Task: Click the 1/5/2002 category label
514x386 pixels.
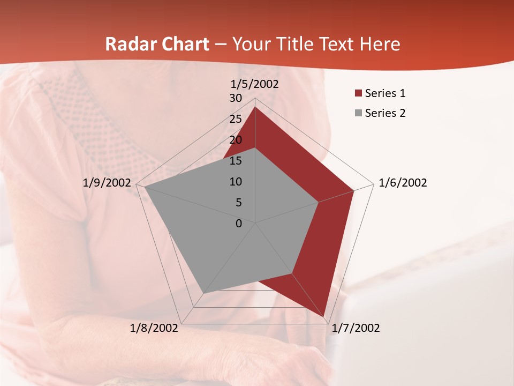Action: tap(254, 84)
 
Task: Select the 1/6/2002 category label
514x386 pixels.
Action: tap(403, 183)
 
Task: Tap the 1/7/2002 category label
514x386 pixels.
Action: tap(356, 328)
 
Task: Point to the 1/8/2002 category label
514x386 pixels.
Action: tap(154, 328)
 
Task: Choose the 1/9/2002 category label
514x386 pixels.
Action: tap(107, 183)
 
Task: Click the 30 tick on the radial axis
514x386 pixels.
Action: tap(236, 98)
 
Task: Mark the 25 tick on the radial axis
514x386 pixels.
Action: tap(236, 119)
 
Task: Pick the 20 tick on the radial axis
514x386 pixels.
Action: tap(236, 140)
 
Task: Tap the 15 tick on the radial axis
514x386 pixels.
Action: tap(236, 161)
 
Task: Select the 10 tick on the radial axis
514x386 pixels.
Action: tap(236, 182)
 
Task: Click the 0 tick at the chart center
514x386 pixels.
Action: tap(239, 224)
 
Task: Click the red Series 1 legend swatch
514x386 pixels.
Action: tap(358, 94)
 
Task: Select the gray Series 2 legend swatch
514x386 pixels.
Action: tap(358, 113)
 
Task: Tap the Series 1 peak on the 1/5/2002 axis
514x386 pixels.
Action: tap(255, 107)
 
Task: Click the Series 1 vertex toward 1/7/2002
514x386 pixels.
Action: tap(324, 316)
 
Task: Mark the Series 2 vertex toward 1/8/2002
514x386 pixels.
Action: tap(203, 293)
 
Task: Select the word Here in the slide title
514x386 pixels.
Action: tap(380, 44)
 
